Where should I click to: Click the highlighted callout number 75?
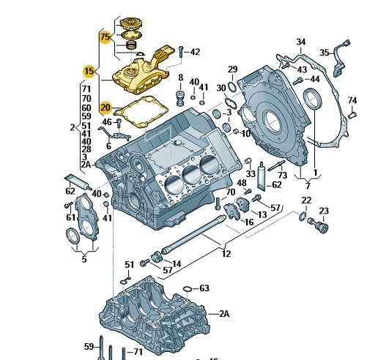tap(105, 37)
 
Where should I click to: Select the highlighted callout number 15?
tap(89, 71)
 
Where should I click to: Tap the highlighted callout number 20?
tap(105, 106)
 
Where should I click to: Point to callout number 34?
tap(301, 42)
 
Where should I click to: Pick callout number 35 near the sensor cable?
tap(325, 53)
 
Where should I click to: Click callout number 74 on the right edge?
tap(352, 100)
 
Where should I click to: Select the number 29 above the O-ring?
tap(232, 70)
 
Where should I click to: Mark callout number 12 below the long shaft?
tap(226, 254)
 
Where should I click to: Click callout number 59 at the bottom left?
tap(89, 346)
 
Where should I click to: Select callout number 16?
tap(248, 222)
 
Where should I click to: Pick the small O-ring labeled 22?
tap(303, 217)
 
